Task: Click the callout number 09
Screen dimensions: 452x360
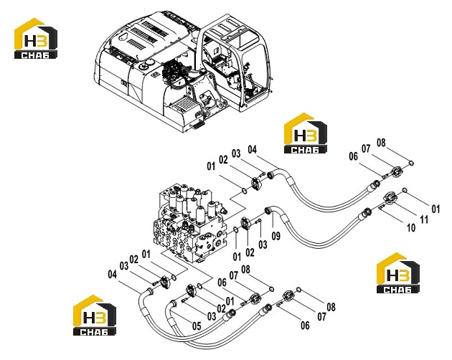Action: pyautogui.click(x=276, y=236)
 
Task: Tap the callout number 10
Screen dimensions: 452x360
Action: pyautogui.click(x=411, y=228)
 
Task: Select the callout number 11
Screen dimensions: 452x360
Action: pyautogui.click(x=424, y=219)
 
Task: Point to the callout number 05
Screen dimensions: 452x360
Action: pyautogui.click(x=197, y=326)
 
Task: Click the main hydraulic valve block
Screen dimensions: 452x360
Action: pyautogui.click(x=189, y=222)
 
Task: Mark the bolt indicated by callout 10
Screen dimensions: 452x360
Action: pyautogui.click(x=382, y=206)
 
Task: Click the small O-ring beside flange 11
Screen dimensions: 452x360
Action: pyautogui.click(x=405, y=190)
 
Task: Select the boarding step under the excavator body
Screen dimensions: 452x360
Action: pyautogui.click(x=197, y=125)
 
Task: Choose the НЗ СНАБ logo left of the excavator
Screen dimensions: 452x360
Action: pyautogui.click(x=36, y=39)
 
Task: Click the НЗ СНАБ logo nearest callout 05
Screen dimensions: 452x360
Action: pyautogui.click(x=95, y=315)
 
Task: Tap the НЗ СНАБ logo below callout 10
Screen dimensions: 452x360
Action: pyautogui.click(x=398, y=273)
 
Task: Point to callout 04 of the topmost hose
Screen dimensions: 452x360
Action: pyautogui.click(x=252, y=149)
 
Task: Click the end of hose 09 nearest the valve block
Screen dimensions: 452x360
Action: pyautogui.click(x=268, y=210)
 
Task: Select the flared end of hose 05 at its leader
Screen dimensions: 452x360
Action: pyautogui.click(x=173, y=303)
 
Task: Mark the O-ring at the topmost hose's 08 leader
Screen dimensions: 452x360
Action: pyautogui.click(x=411, y=164)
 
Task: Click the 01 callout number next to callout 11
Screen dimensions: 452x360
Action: pyautogui.click(x=435, y=209)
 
